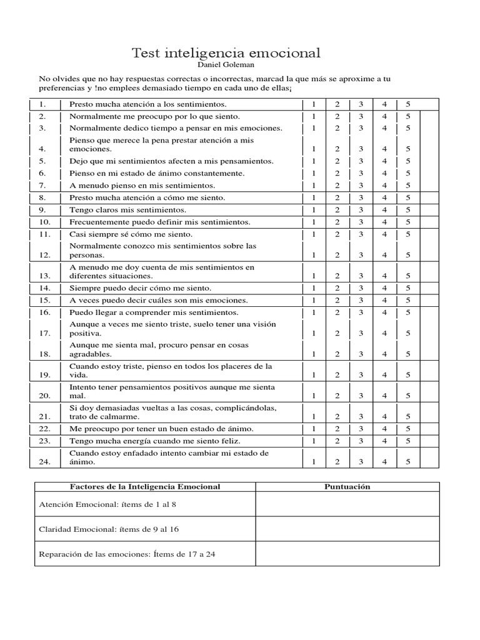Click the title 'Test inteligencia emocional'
pos(226,53)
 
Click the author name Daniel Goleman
pos(226,64)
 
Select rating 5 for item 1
pos(407,104)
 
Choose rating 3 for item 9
pos(361,210)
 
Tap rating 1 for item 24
pos(314,462)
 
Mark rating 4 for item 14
pos(384,288)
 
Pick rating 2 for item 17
pos(337,333)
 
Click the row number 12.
pos(44,255)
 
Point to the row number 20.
pos(44,396)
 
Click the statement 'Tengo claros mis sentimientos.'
pos(127,210)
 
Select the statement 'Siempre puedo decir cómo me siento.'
pos(140,288)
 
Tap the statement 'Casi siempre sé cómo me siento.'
pos(132,234)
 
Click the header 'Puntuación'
pos(347,486)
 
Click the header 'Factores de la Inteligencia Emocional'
pos(144,486)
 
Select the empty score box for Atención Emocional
pos(347,504)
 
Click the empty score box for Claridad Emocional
pos(347,529)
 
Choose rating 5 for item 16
pos(407,312)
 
